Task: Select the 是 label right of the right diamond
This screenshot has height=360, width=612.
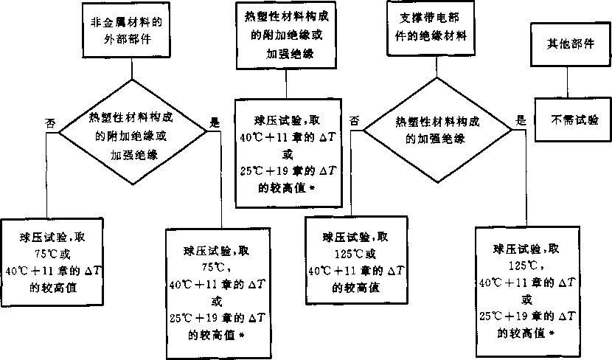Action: pyautogui.click(x=520, y=120)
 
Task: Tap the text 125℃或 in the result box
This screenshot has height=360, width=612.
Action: pyautogui.click(x=354, y=254)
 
